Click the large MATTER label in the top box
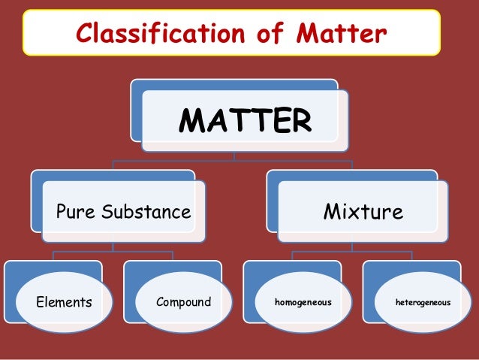[x=246, y=121]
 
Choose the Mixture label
[x=363, y=211]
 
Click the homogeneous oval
[x=303, y=303]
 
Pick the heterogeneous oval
[x=422, y=303]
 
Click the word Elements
[x=64, y=303]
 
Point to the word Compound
[x=184, y=303]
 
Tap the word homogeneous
[x=303, y=303]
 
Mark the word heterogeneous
[x=423, y=303]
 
